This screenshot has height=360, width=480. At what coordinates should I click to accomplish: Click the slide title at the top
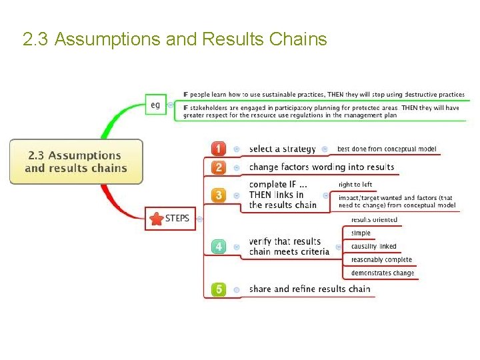pos(175,40)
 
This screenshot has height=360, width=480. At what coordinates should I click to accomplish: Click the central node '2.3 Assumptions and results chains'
pos(76,162)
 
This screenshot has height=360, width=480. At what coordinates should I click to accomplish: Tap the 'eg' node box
pos(155,105)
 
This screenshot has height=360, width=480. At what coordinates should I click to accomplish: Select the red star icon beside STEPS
pos(157,219)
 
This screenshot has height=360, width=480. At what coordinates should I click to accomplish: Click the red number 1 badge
pos(219,149)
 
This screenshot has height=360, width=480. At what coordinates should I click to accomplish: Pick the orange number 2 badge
pos(219,167)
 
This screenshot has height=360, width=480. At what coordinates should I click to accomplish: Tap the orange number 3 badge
pos(219,195)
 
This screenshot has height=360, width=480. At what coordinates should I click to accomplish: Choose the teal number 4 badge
pos(219,247)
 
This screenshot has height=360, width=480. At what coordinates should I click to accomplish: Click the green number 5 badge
pos(219,289)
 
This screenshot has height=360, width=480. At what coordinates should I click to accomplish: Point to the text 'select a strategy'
pos(282,149)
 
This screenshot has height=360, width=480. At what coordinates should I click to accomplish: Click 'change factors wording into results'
pos(321,167)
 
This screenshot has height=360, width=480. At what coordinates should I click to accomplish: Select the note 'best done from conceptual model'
pos(387,149)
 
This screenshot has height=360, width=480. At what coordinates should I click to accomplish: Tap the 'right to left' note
pos(355,185)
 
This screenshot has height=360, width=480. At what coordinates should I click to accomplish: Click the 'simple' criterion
pos(361,233)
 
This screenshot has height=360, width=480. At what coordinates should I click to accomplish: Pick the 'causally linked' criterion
pos(373,247)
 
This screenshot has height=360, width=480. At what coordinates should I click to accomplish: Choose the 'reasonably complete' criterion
pos(381,260)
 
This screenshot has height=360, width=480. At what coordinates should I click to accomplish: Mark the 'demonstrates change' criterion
pos(383,273)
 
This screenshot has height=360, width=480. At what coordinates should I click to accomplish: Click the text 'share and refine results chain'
pos(309,289)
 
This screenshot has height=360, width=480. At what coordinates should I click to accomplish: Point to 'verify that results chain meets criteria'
pos(289,247)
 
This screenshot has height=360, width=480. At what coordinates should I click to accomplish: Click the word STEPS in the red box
pos(177,219)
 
